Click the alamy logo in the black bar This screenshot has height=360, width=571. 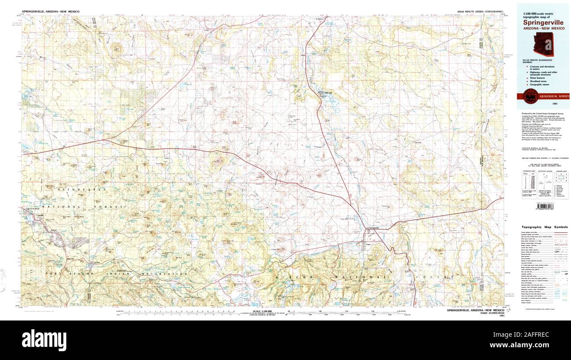coord(45,339)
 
